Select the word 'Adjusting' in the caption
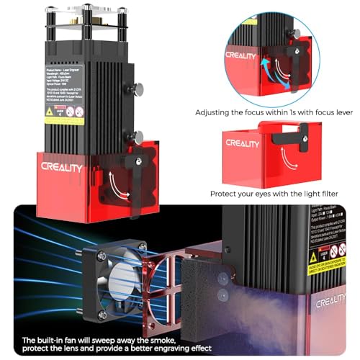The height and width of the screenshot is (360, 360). tap(216, 112)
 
